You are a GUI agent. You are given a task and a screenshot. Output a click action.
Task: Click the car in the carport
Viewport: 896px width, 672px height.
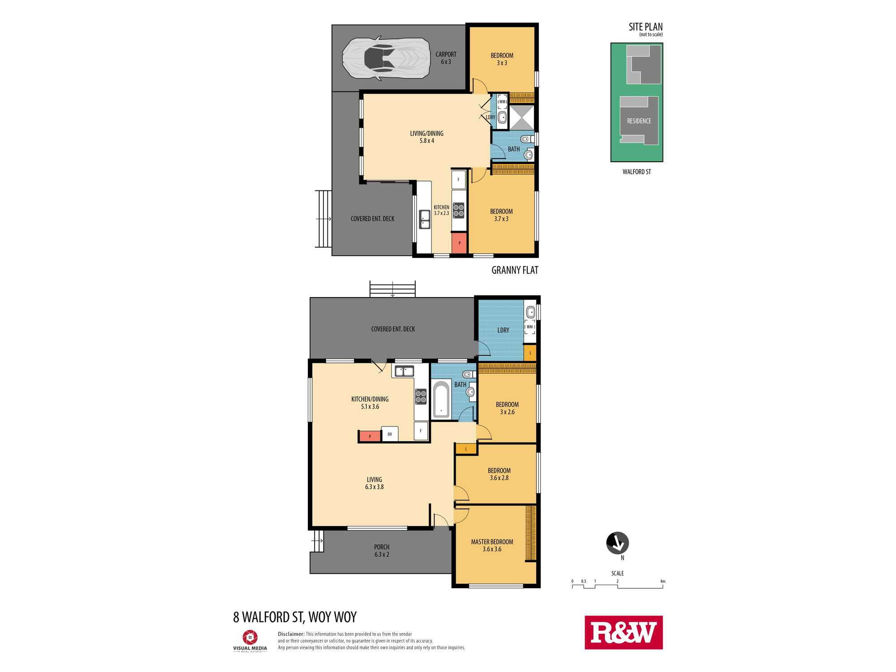(386, 58)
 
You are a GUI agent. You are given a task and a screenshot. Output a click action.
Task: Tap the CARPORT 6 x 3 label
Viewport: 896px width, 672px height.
(446, 58)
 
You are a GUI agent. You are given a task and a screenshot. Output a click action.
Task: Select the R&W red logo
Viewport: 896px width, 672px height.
(624, 633)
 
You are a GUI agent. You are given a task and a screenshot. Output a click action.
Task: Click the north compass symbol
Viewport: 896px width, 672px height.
(617, 543)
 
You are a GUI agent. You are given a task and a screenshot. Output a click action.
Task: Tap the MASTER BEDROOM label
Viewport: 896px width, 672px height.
(492, 542)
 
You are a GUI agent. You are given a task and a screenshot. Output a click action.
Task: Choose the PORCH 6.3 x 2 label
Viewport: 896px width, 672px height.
(382, 551)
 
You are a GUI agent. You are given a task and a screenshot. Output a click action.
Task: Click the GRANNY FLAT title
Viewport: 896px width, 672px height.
(515, 270)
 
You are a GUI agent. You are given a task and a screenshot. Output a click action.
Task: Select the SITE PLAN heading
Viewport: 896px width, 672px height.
(646, 27)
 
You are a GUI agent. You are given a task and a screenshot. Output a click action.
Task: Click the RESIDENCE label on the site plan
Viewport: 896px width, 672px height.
(639, 121)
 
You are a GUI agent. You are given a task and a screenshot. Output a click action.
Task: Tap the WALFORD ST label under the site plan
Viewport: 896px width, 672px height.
(637, 172)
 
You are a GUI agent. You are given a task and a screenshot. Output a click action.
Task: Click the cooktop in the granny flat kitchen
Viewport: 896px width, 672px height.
(458, 211)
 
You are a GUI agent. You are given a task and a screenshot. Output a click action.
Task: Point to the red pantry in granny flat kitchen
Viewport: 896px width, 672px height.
(459, 243)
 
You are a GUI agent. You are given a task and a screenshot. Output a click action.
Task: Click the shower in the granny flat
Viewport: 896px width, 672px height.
(522, 117)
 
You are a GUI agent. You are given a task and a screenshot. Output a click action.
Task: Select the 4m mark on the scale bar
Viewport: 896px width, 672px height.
(663, 582)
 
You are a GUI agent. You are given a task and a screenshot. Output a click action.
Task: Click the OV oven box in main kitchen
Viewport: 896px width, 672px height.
(390, 434)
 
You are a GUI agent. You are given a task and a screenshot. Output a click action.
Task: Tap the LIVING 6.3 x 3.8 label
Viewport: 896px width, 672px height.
(375, 483)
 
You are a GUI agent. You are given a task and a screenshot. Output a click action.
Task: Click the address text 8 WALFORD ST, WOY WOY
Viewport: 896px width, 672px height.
(295, 617)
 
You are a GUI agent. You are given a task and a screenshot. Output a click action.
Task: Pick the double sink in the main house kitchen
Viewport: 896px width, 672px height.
(404, 371)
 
